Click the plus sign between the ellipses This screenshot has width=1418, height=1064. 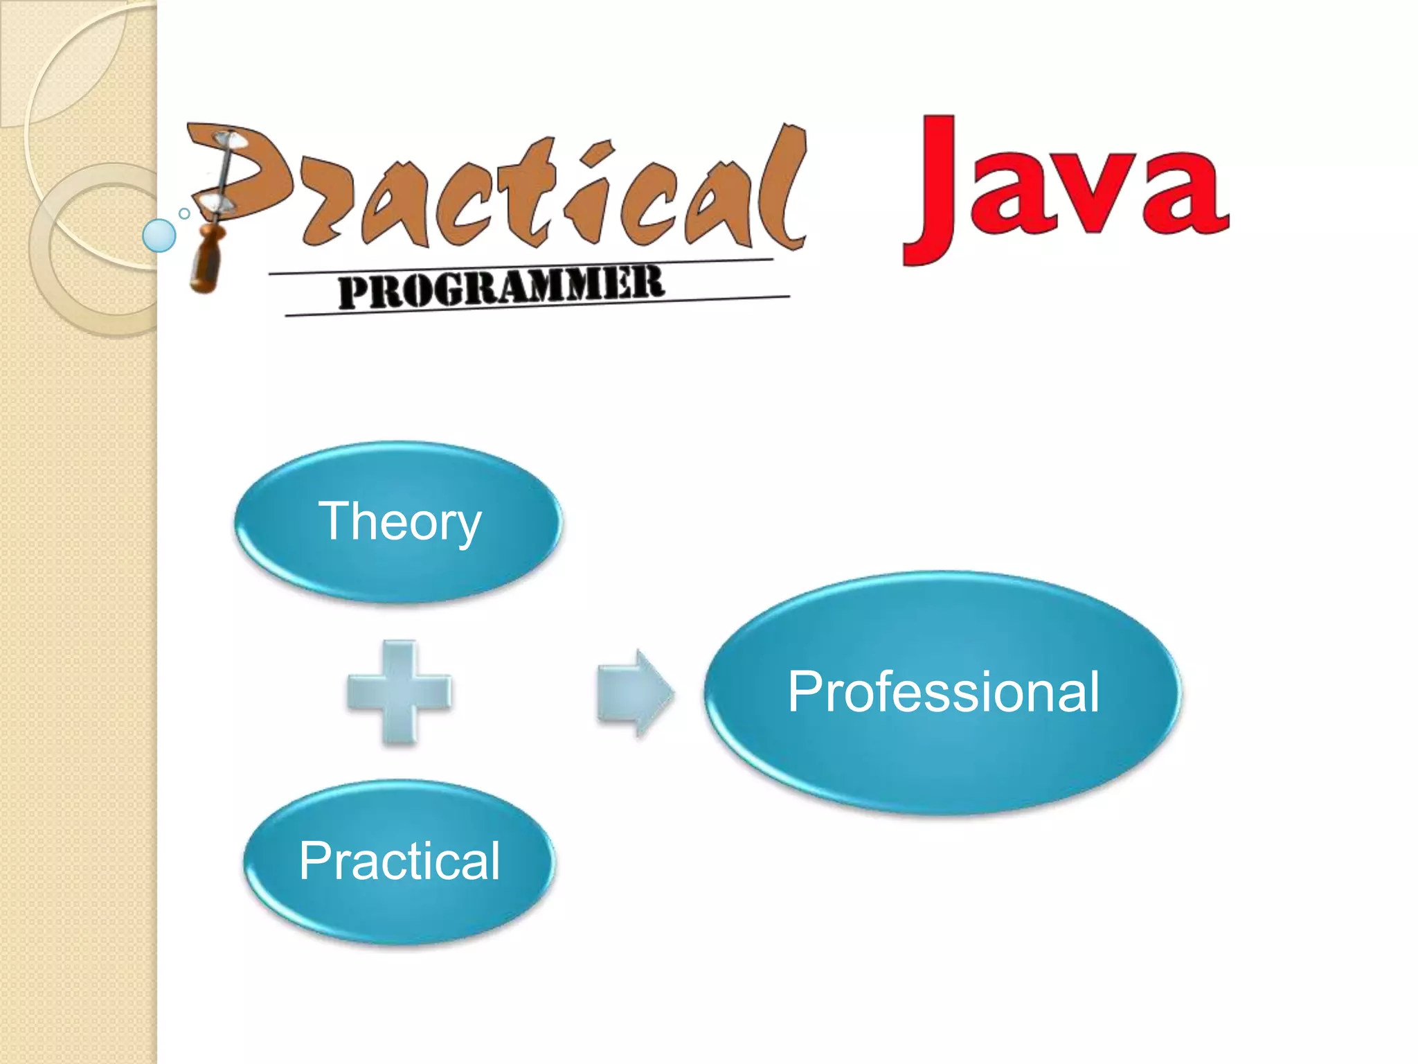[x=400, y=692]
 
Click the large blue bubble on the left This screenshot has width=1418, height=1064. [x=159, y=236]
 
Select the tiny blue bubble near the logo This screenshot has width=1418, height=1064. [x=184, y=213]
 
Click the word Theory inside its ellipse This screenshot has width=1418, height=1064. [x=399, y=522]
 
